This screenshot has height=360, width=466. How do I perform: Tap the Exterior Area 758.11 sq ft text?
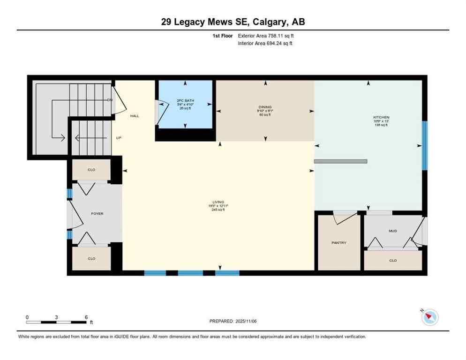266,36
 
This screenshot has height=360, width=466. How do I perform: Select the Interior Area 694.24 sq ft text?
265,44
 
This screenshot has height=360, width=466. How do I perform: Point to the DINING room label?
265,107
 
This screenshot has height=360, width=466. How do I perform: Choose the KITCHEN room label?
381,117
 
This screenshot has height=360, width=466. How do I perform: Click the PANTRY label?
338,243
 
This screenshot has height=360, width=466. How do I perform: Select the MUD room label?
392,231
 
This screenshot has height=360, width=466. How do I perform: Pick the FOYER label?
97,214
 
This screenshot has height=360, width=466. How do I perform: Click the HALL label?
135,116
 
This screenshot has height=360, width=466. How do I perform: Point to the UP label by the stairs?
119,138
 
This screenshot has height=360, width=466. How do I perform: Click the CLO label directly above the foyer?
91,170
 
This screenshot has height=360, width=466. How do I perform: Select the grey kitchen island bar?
340,161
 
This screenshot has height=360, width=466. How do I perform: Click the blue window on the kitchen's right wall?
425,145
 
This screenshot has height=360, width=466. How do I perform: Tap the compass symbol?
429,317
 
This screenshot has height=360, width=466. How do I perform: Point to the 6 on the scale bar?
86,317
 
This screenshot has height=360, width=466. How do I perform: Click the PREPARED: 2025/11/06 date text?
233,321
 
